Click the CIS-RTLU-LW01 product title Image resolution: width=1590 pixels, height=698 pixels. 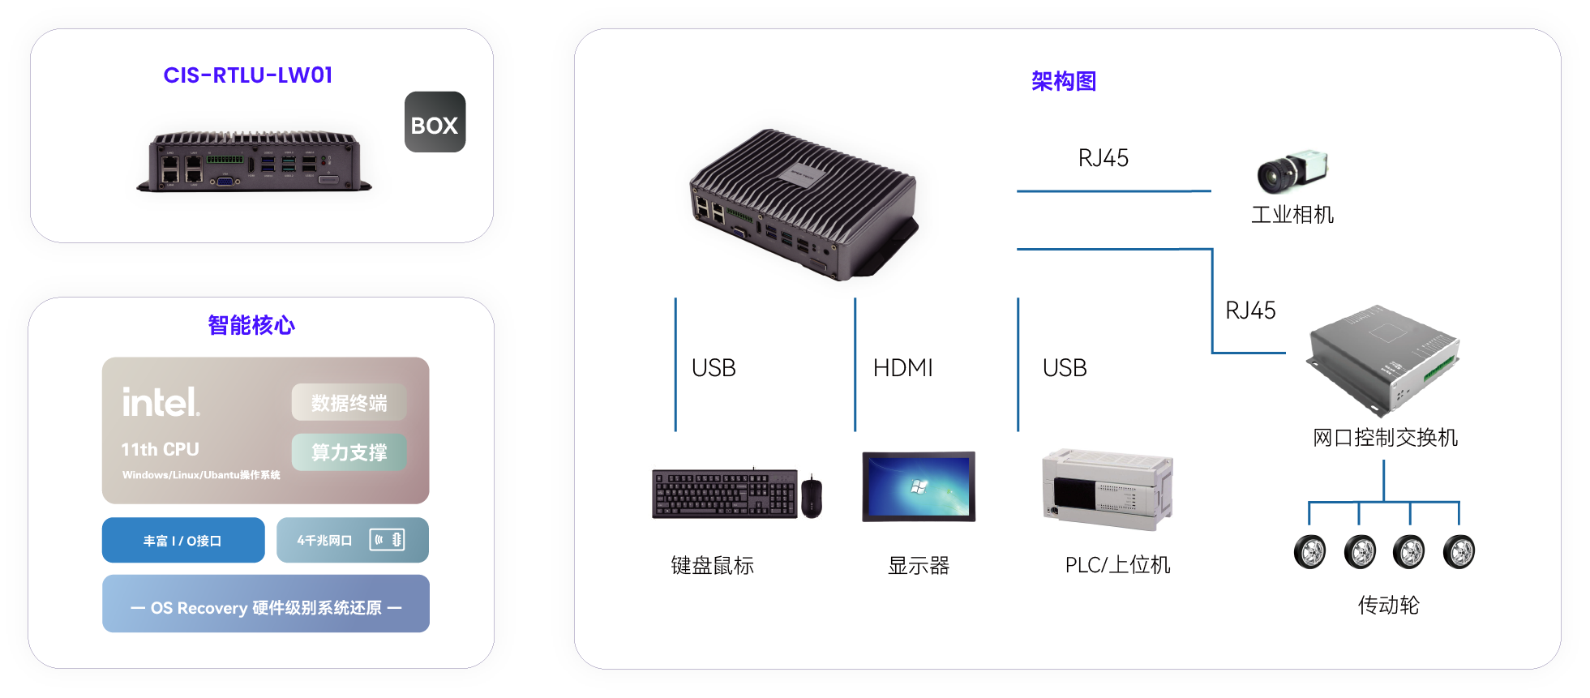pos(247,75)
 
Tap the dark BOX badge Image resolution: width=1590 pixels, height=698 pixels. pos(435,122)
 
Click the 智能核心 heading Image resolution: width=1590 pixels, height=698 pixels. pos(251,325)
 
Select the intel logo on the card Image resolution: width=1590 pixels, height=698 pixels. pos(161,402)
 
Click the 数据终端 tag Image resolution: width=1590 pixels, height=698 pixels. pos(349,403)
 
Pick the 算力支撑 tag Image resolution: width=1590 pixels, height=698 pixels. pos(349,452)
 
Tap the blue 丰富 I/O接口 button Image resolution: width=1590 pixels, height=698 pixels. pos(183,541)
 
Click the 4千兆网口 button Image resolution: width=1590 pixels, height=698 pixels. pos(352,541)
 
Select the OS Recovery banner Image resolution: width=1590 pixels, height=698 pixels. pos(266,607)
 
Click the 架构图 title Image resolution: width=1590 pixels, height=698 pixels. pos(1064,81)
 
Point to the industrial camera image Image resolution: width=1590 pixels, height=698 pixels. pos(1291,171)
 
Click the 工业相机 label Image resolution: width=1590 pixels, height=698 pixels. pos(1292,215)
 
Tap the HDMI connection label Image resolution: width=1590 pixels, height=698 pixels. pos(902,368)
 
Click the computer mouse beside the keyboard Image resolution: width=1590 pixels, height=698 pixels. pos(812,496)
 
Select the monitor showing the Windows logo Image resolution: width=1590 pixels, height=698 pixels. pos(919,486)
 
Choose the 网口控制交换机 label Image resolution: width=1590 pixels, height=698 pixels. pos(1385,438)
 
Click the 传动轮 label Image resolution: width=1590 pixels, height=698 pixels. pos(1388,606)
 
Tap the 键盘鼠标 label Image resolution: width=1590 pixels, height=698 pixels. pos(712,566)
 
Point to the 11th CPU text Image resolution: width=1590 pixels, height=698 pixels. pos(160,449)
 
